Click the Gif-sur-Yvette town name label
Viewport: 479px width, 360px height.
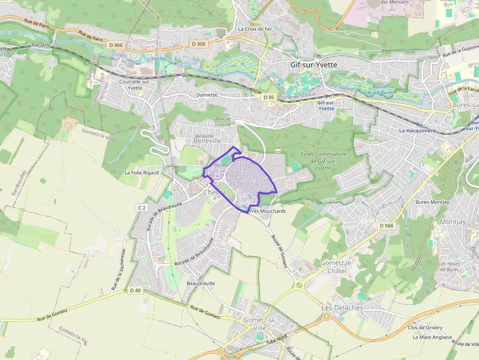[313, 64]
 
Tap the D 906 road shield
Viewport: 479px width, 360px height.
[116, 45]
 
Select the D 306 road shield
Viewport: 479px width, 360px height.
[199, 44]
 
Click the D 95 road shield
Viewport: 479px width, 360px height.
[268, 97]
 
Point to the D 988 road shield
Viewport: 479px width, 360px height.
[386, 226]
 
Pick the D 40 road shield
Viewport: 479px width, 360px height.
[135, 290]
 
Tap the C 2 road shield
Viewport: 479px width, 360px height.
[142, 208]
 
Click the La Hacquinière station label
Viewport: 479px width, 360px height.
[417, 130]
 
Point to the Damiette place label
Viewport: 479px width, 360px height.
[206, 95]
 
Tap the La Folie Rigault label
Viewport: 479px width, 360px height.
[142, 172]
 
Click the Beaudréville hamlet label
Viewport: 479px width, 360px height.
[201, 283]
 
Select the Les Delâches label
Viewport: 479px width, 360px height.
[342, 308]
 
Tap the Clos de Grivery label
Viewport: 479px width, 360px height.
[425, 327]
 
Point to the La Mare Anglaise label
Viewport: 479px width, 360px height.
[432, 337]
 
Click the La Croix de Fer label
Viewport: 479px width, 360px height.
[255, 29]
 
